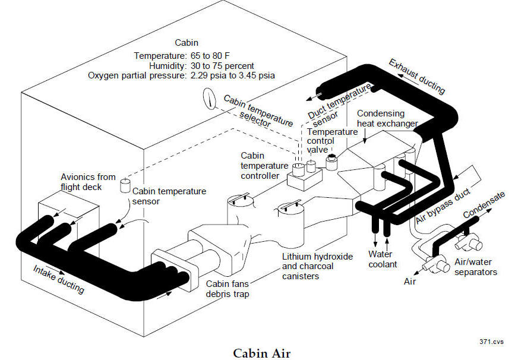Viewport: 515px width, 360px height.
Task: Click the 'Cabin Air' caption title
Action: click(x=257, y=352)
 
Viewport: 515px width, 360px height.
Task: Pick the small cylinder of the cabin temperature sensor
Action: click(x=125, y=185)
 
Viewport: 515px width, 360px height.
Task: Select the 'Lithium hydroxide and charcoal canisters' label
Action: click(x=318, y=266)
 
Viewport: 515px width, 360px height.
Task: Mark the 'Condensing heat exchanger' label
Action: click(x=388, y=118)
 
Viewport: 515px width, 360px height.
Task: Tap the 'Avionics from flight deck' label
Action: click(x=89, y=182)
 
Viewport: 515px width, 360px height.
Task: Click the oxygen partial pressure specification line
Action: click(x=181, y=75)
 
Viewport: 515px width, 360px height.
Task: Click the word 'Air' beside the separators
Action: click(x=410, y=282)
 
